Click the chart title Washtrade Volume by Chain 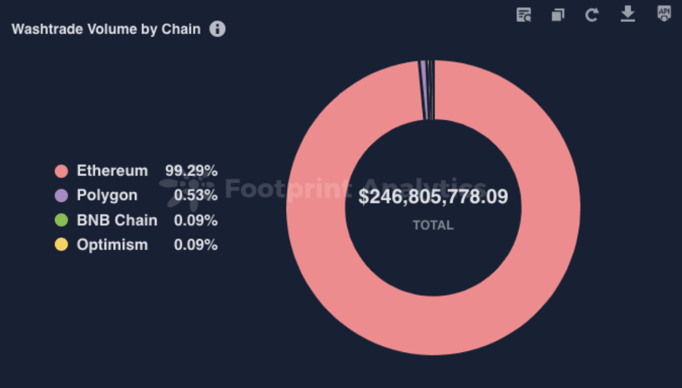[106, 29]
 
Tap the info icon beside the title [217, 29]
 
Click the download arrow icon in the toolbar [628, 14]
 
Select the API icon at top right [664, 14]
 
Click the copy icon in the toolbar [557, 15]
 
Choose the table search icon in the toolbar [524, 15]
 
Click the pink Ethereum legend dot [61, 171]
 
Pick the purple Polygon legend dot [61, 196]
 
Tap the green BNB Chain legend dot [61, 220]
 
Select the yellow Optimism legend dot [61, 245]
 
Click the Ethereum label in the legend [112, 170]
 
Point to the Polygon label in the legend [107, 195]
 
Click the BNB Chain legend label [117, 220]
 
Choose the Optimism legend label [112, 245]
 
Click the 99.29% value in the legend [191, 170]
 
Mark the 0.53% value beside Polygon [195, 195]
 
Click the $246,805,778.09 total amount [433, 197]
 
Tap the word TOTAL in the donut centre [433, 225]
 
